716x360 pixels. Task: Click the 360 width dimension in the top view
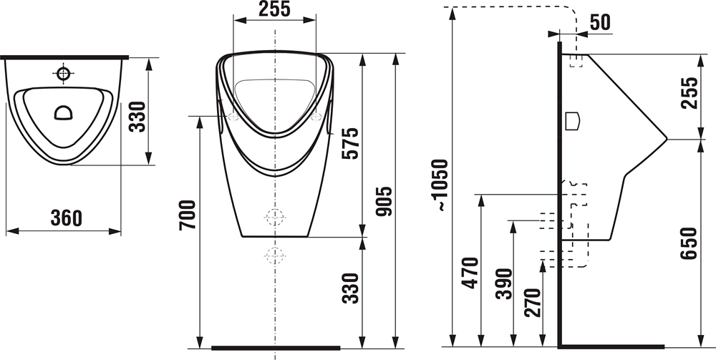(67, 218)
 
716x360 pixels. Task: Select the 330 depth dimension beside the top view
(137, 117)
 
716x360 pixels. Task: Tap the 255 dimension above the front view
(274, 9)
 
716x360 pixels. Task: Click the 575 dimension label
(351, 143)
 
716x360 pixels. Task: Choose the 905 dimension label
(384, 201)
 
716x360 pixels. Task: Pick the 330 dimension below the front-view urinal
(351, 288)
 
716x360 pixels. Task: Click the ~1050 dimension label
(442, 185)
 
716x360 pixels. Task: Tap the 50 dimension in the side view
(600, 22)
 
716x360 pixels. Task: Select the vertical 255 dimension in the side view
(690, 93)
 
